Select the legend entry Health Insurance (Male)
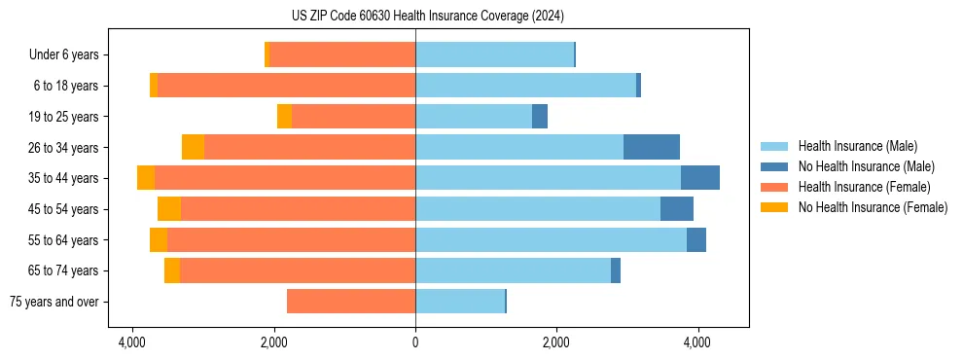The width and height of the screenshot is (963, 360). coord(857,146)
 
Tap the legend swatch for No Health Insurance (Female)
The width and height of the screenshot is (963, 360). coord(775,207)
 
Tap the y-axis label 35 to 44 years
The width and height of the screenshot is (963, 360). coord(63,178)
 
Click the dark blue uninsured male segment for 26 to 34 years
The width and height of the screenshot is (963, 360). coord(652,147)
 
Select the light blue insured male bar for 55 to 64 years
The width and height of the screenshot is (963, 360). coord(551,239)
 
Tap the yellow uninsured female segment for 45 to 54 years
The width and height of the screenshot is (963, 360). coord(169,209)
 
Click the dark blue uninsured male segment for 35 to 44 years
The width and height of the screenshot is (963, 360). coord(700,178)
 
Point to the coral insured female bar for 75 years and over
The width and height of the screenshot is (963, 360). coord(351,302)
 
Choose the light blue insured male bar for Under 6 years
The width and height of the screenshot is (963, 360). coord(494,54)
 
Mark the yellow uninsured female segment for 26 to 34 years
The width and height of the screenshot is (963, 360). coord(193,147)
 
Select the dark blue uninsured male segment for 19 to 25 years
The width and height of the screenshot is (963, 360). coord(540,117)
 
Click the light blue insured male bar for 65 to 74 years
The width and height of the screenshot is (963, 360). coord(513,270)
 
